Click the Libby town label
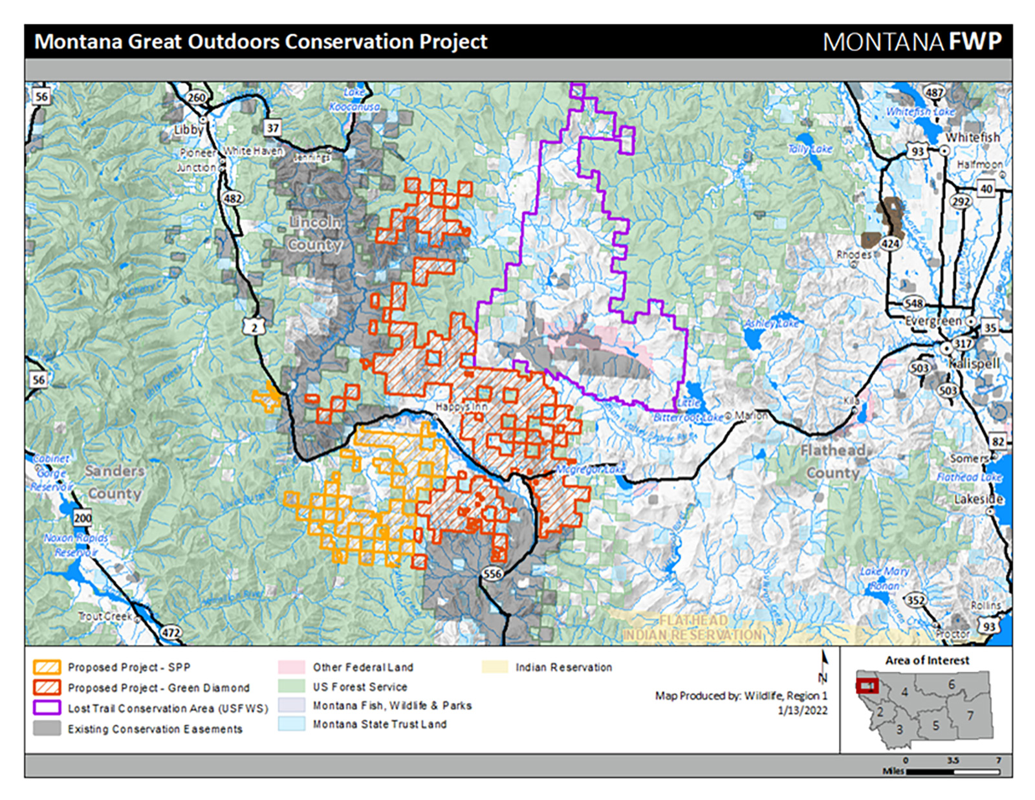click(188, 129)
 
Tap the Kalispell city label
click(974, 363)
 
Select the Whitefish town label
click(972, 138)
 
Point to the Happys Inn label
click(461, 407)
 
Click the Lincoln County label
click(315, 233)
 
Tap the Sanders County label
click(114, 482)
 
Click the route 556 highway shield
click(492, 574)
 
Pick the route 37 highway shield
click(273, 128)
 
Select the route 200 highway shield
click(83, 517)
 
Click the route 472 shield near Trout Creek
click(171, 632)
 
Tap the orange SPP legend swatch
click(47, 667)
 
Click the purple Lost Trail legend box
click(47, 708)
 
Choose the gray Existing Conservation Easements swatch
click(47, 728)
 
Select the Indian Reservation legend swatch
click(495, 667)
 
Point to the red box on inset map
click(867, 686)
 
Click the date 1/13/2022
click(802, 710)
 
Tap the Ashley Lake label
click(771, 323)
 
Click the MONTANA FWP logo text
click(912, 42)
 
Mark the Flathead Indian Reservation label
click(692, 628)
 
